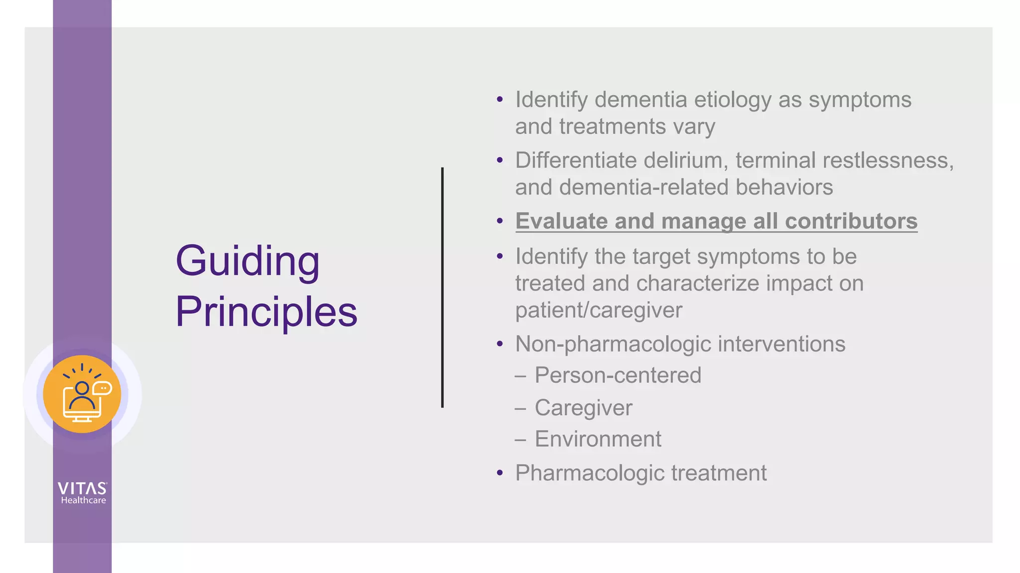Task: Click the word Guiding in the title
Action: pyautogui.click(x=248, y=262)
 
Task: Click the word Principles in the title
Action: pyautogui.click(x=266, y=312)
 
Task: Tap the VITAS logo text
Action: pyautogui.click(x=82, y=488)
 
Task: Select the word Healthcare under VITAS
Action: pyautogui.click(x=84, y=500)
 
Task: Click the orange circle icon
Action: pyautogui.click(x=82, y=394)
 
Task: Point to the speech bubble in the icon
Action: pyautogui.click(x=103, y=388)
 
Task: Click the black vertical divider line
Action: pyautogui.click(x=442, y=287)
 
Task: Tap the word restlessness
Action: pyautogui.click(x=888, y=160)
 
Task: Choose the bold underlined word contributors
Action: pyautogui.click(x=851, y=221)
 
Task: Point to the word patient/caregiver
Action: pyautogui.click(x=599, y=310)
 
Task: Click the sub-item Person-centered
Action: pyautogui.click(x=618, y=375)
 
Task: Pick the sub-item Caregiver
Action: pyautogui.click(x=583, y=407)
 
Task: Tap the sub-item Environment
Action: pyautogui.click(x=598, y=439)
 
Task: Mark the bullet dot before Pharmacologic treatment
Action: pyautogui.click(x=500, y=473)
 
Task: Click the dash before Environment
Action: pyautogui.click(x=520, y=439)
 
